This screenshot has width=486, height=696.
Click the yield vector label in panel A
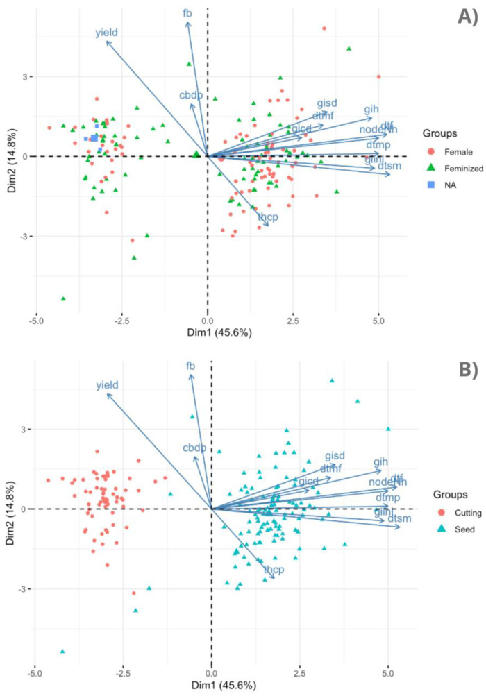(107, 33)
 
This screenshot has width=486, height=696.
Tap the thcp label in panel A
(268, 217)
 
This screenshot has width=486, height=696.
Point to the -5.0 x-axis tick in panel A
(36, 321)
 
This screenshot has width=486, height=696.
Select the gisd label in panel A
(327, 103)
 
